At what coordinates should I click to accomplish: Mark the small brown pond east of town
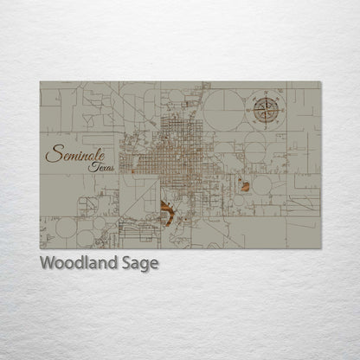pos(245,185)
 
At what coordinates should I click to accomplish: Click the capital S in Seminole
pos(52,156)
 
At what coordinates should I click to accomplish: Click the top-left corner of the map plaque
pos(40,82)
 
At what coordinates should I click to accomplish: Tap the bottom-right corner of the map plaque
pos(320,249)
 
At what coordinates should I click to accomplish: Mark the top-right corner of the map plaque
pos(320,82)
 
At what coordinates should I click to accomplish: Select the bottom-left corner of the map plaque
pos(40,249)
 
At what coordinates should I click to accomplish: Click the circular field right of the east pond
pos(262,184)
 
